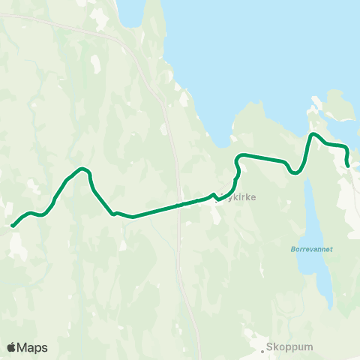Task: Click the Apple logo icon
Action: (11, 347)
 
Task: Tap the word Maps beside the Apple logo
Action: (32, 347)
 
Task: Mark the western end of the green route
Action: (12, 225)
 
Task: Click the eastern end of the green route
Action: (348, 166)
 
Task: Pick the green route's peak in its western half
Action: (82, 169)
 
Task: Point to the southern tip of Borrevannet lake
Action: (330, 306)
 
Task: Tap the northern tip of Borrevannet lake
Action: (308, 180)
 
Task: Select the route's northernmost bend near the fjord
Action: (314, 134)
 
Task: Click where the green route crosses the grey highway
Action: (178, 205)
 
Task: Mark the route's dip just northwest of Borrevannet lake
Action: (295, 172)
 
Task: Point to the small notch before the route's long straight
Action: (115, 213)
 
